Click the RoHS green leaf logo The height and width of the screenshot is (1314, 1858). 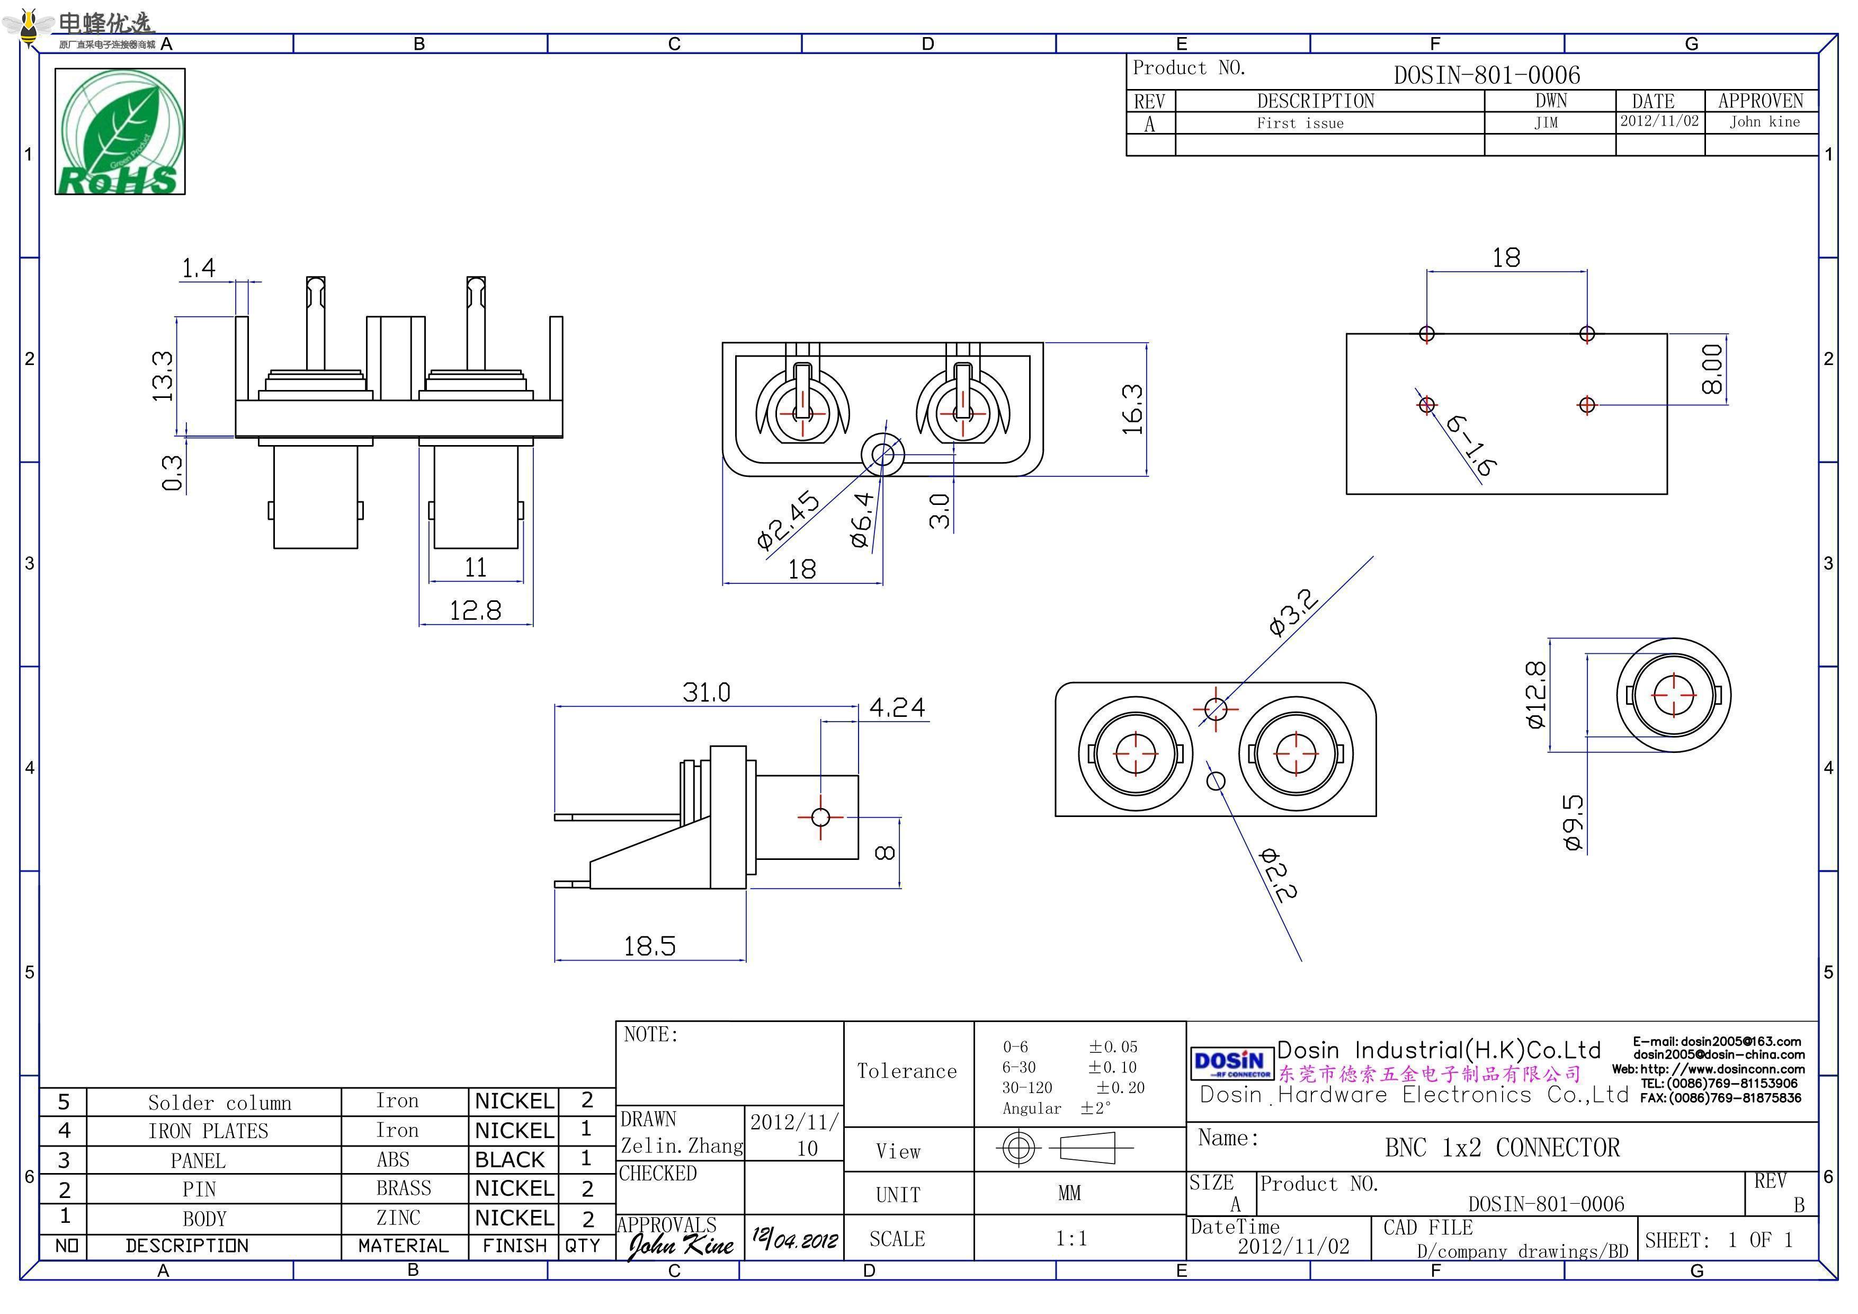tap(120, 131)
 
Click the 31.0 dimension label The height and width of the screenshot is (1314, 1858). tap(705, 693)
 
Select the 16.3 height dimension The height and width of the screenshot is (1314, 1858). tap(1133, 409)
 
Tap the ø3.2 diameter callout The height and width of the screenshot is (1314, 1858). tap(1293, 613)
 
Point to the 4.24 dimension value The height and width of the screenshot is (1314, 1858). tap(897, 708)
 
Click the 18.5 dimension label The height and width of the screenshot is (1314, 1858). tap(649, 946)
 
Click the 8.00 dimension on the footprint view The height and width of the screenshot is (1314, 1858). tap(1712, 369)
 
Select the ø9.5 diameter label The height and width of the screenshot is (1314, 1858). tap(1573, 822)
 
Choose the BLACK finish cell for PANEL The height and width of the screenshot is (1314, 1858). tap(510, 1160)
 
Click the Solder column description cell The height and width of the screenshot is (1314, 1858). tap(219, 1103)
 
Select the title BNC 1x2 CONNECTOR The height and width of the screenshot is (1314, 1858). tap(1502, 1148)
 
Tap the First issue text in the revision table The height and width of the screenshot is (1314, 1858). tap(1300, 123)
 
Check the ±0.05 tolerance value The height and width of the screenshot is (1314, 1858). tap(1113, 1047)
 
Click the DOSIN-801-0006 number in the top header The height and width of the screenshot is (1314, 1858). tap(1487, 75)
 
